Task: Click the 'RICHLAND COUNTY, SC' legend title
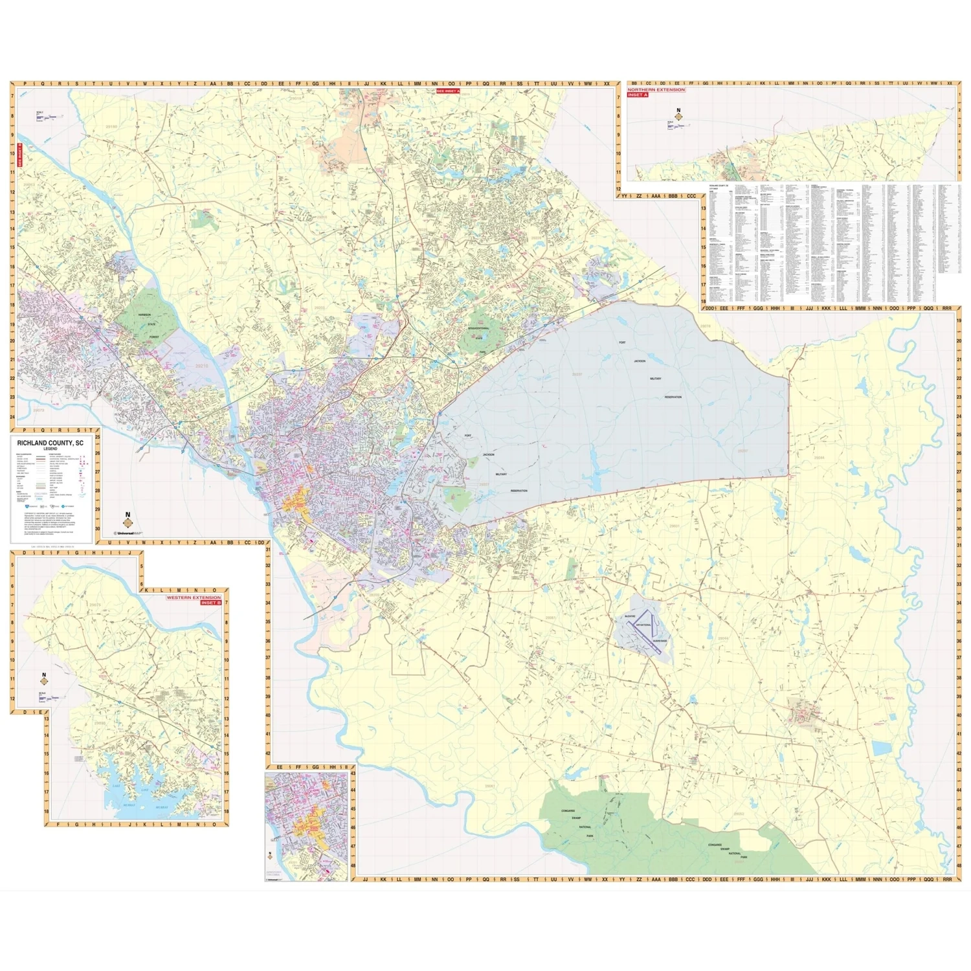(x=50, y=443)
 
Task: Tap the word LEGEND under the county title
(x=50, y=449)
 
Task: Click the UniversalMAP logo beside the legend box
(x=128, y=533)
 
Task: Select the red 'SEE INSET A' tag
(x=447, y=91)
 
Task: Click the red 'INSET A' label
(x=637, y=95)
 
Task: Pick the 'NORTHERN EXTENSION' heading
(x=656, y=89)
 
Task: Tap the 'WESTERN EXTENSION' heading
(x=194, y=597)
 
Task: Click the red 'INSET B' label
(x=210, y=603)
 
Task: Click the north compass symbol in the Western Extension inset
(x=44, y=680)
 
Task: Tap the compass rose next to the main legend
(x=128, y=520)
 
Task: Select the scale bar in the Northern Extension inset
(x=675, y=125)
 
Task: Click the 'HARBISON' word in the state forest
(x=144, y=315)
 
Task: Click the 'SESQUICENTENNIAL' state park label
(x=479, y=328)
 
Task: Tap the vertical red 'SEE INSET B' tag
(x=19, y=155)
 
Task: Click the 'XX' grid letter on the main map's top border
(x=606, y=84)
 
